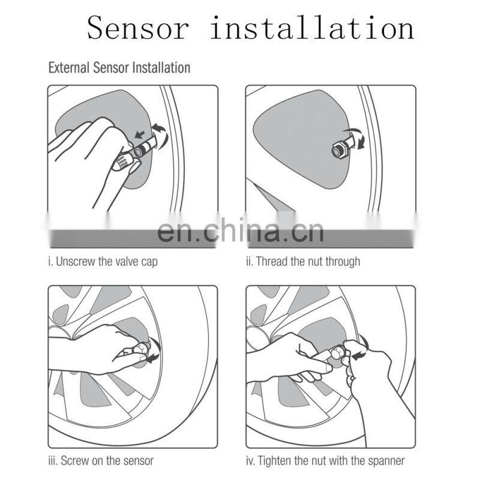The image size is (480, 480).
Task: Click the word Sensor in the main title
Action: [x=138, y=28]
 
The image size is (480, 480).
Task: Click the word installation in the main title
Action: [x=312, y=28]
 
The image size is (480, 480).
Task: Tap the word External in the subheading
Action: [x=69, y=67]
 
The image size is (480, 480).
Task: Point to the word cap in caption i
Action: [x=149, y=263]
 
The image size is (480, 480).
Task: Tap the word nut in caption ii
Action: [x=316, y=262]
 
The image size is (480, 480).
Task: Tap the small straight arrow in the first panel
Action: [x=140, y=134]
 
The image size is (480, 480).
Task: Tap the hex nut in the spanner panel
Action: [x=337, y=353]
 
